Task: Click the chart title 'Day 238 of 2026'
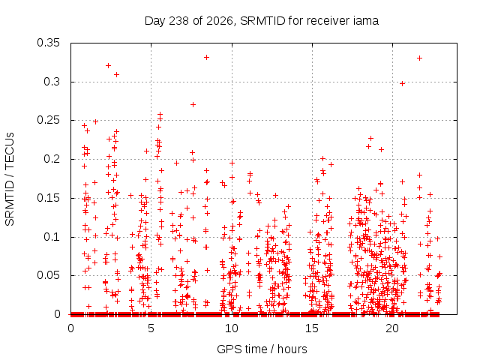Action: [x=190, y=22]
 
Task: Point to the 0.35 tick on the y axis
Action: [x=48, y=43]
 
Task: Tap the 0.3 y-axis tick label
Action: [x=52, y=82]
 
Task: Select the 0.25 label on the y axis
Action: [x=48, y=120]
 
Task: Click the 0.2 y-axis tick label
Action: [x=52, y=159]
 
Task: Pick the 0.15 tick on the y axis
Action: [x=48, y=198]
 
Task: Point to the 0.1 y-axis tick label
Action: [x=52, y=237]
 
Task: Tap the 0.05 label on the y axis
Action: [x=48, y=275]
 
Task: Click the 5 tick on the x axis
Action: [x=151, y=328]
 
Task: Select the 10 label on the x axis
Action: [x=232, y=328]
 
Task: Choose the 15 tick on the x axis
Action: [x=312, y=328]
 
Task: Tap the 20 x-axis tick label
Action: [x=392, y=328]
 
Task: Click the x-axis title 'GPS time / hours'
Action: [x=262, y=349]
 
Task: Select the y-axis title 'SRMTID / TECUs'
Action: [x=10, y=179]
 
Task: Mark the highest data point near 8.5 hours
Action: [x=207, y=57]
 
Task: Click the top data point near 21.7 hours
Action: [x=420, y=58]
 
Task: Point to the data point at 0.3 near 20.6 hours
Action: [x=403, y=83]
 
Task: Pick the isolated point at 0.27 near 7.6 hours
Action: [x=193, y=105]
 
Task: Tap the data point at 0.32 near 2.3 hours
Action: [x=108, y=65]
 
